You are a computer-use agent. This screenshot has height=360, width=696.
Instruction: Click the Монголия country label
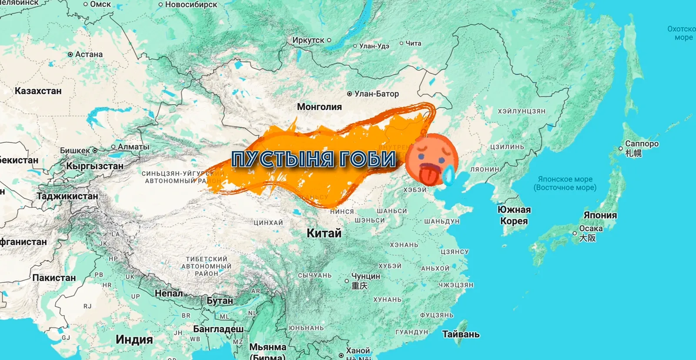[x=319, y=107]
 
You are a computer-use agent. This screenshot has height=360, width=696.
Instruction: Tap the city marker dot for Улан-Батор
[x=349, y=94]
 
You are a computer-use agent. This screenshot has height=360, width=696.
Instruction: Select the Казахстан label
[x=38, y=91]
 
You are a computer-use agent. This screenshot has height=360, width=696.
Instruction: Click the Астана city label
[x=89, y=54]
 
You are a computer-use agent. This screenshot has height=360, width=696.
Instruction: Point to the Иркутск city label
[x=308, y=40]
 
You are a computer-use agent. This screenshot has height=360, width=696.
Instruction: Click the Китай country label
[x=324, y=233]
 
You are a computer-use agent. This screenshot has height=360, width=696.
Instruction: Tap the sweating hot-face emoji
[x=431, y=158]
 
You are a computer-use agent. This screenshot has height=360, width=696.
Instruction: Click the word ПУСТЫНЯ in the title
[x=283, y=159]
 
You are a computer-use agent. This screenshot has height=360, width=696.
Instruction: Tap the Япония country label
[x=600, y=215]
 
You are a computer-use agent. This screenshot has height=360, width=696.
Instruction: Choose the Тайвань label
[x=461, y=334]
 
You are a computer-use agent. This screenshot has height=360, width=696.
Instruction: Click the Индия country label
[x=134, y=340]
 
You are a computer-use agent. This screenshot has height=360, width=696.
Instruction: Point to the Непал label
[x=169, y=293]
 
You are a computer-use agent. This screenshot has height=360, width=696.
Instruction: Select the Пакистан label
[x=54, y=278]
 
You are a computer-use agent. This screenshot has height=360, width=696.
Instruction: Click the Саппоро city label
[x=642, y=144]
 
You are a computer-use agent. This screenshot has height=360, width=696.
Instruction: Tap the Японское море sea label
[x=565, y=179]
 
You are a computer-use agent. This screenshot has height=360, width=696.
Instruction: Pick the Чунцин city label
[x=365, y=276]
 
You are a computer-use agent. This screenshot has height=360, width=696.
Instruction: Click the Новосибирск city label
[x=191, y=4]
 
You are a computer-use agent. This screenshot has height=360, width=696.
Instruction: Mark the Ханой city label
[x=358, y=350]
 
